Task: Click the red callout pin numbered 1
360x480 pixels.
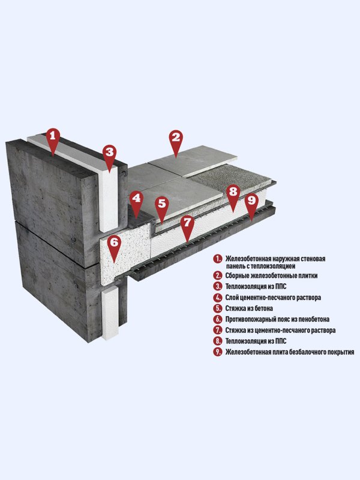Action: tap(53, 139)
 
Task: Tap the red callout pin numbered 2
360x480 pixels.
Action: tap(176, 141)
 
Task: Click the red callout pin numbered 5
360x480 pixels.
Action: tap(161, 207)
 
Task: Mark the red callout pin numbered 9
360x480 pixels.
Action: tap(251, 204)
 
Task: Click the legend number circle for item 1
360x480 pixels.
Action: tap(217, 259)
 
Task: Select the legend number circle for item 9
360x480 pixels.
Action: tap(217, 352)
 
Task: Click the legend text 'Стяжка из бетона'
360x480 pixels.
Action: tap(249, 308)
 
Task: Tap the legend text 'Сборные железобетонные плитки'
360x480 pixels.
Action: tap(272, 275)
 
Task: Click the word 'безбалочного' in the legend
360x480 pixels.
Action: tap(296, 352)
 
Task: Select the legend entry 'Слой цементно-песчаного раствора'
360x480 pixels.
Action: tap(273, 298)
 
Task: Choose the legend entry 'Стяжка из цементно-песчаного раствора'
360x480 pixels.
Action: tap(280, 331)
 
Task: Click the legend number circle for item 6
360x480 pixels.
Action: tap(217, 319)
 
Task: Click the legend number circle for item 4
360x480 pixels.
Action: tap(217, 298)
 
